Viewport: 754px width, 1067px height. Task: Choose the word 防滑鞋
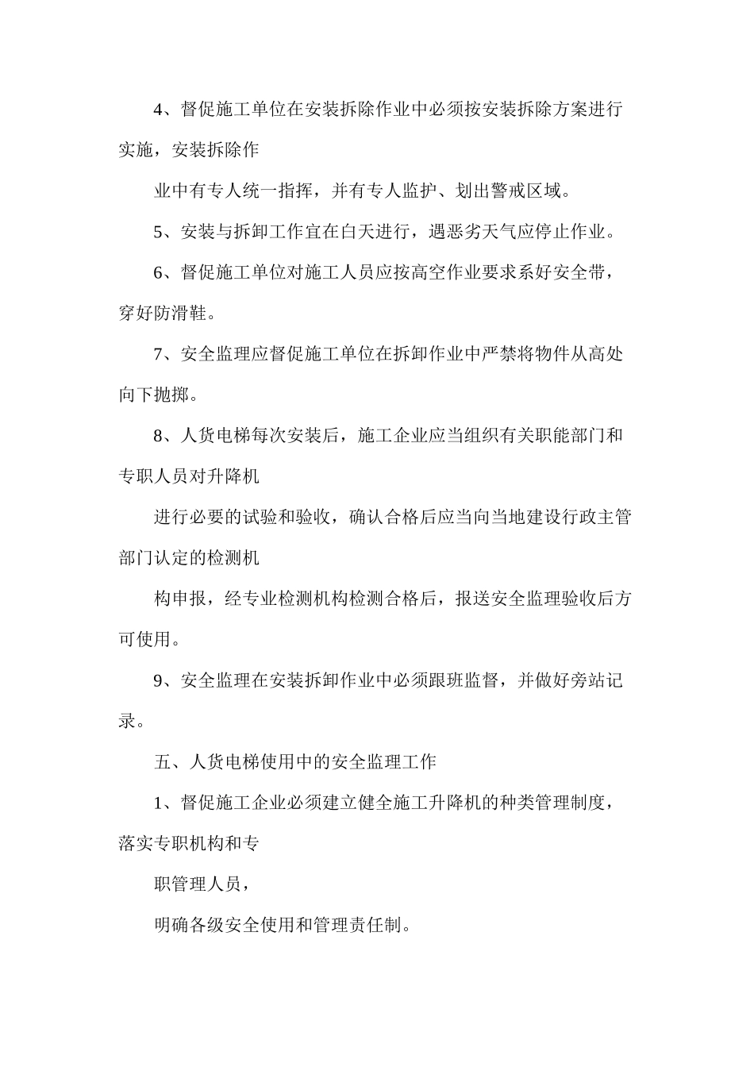point(181,314)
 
